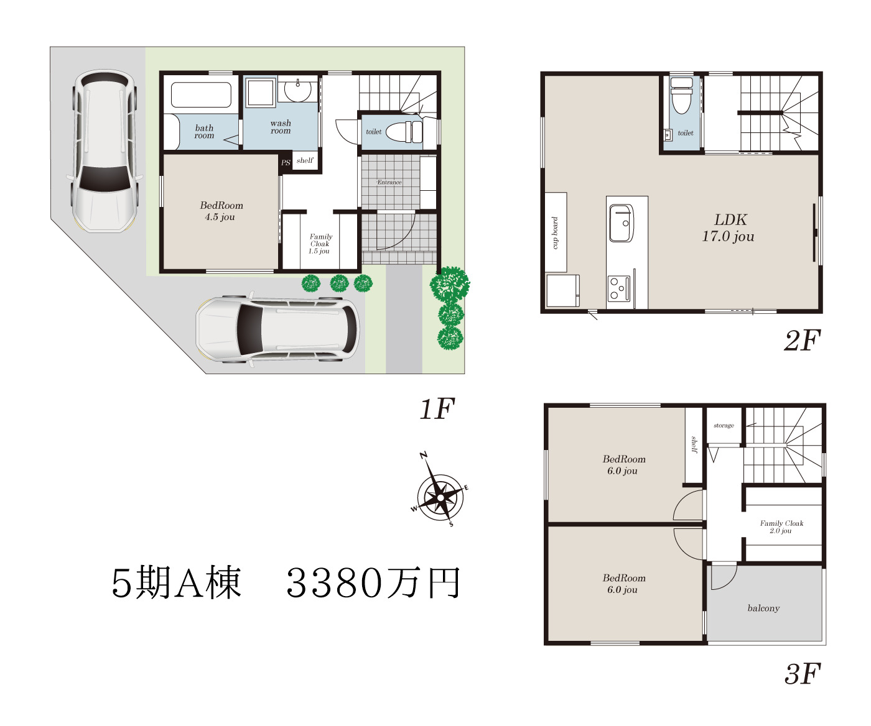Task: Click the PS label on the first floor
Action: click(286, 162)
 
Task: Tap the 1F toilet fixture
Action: click(404, 132)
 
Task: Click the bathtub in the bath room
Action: click(201, 94)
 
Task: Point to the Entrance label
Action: click(389, 182)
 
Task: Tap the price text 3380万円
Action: click(373, 582)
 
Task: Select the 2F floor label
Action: click(802, 340)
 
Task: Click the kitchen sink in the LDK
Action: click(622, 223)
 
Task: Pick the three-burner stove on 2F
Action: click(620, 288)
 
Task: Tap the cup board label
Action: click(555, 232)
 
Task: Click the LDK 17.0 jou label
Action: click(729, 228)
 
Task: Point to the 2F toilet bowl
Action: click(682, 95)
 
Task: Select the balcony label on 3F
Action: click(763, 608)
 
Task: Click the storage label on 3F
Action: click(724, 426)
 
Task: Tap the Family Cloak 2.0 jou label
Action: click(781, 527)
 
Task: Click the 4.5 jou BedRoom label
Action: click(221, 211)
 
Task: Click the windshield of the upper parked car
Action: click(105, 178)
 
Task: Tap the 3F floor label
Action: click(802, 674)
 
